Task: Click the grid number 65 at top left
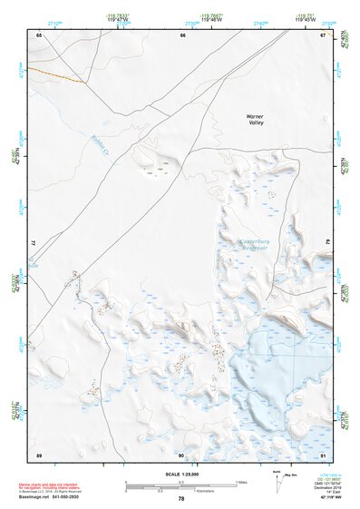tap(39, 34)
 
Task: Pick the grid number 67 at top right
tap(323, 34)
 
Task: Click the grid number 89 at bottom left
tap(39, 453)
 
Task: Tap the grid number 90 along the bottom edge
tap(181, 453)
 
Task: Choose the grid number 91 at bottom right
tap(323, 453)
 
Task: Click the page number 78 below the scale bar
tap(181, 498)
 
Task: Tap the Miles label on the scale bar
tap(239, 481)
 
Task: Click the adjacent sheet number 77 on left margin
tap(34, 243)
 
